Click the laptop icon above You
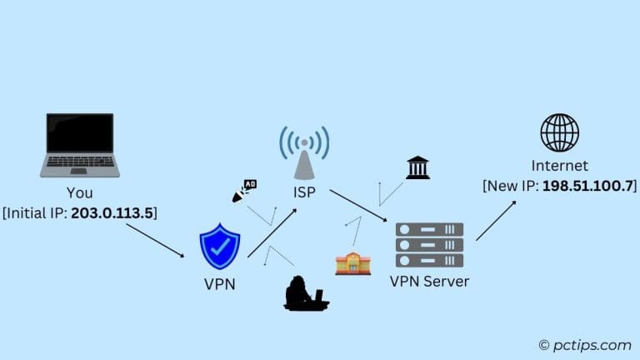click(80, 144)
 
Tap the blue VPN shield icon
click(219, 246)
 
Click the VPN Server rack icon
click(429, 244)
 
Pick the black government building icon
click(417, 167)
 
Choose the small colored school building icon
click(352, 263)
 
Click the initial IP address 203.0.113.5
click(113, 212)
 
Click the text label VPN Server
click(429, 281)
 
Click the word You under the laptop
click(80, 193)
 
